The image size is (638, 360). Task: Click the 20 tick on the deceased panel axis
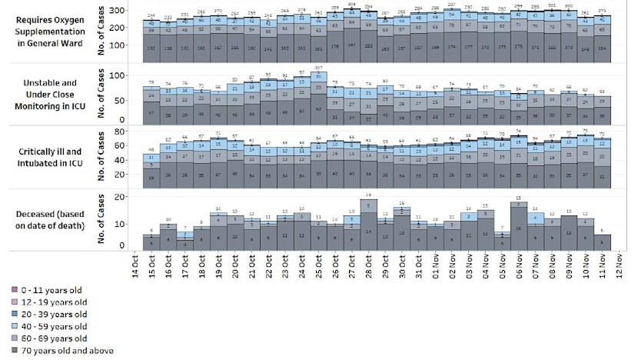[118, 198]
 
